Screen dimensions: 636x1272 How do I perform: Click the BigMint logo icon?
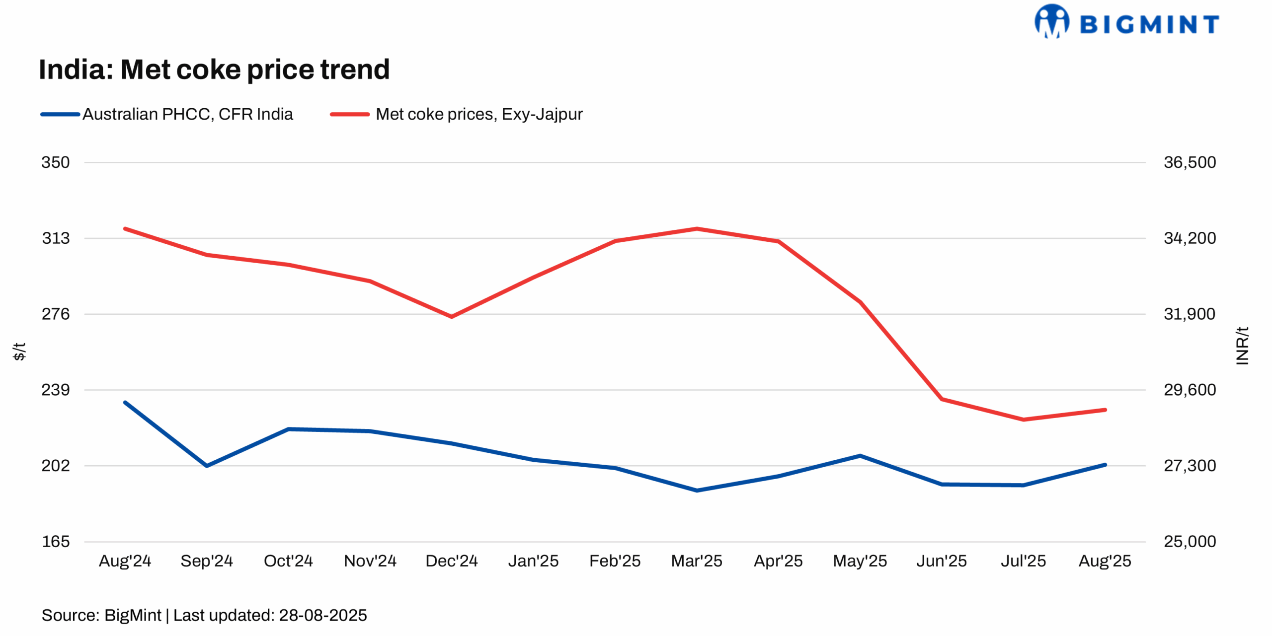(x=1051, y=21)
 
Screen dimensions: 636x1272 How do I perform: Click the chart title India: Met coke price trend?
(x=214, y=69)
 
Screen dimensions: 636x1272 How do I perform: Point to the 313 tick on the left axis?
(x=56, y=238)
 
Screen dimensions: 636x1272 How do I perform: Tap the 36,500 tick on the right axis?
(x=1190, y=162)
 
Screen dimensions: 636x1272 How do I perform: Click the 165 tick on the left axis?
(x=56, y=541)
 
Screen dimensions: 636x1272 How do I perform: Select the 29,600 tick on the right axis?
(x=1190, y=390)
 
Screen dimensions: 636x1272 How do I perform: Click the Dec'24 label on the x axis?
(x=451, y=561)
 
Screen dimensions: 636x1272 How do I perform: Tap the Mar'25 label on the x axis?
(x=696, y=561)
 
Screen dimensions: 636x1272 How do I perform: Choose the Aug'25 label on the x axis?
(x=1104, y=561)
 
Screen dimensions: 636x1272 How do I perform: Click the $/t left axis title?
(x=19, y=351)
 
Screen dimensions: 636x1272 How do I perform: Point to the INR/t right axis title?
(x=1242, y=346)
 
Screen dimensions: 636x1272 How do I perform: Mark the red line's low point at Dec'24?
(x=451, y=316)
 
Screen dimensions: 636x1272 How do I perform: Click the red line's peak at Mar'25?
(x=697, y=229)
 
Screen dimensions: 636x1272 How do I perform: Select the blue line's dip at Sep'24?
(x=207, y=466)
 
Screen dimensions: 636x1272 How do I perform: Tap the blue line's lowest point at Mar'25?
(x=697, y=491)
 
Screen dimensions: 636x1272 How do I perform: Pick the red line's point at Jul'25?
(x=1023, y=420)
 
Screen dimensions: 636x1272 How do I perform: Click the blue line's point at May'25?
(x=860, y=456)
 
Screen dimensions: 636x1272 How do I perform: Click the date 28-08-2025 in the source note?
(x=323, y=615)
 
